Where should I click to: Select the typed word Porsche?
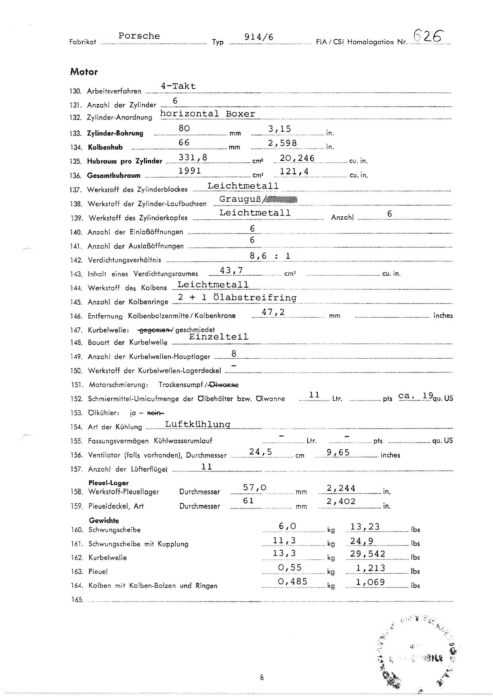click(139, 36)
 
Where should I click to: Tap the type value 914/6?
click(259, 37)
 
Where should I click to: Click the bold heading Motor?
click(84, 72)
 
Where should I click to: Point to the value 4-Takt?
click(178, 86)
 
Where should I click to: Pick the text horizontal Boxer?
click(208, 114)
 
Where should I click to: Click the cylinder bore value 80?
click(184, 128)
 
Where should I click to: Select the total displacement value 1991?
click(190, 171)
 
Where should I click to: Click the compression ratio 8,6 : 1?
click(270, 256)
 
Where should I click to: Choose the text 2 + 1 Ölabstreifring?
click(237, 298)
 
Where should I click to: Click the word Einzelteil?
click(219, 337)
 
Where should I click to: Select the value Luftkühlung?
click(198, 424)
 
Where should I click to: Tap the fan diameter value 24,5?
click(260, 452)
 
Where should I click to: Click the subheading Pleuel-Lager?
click(108, 483)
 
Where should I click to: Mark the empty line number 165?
click(77, 600)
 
